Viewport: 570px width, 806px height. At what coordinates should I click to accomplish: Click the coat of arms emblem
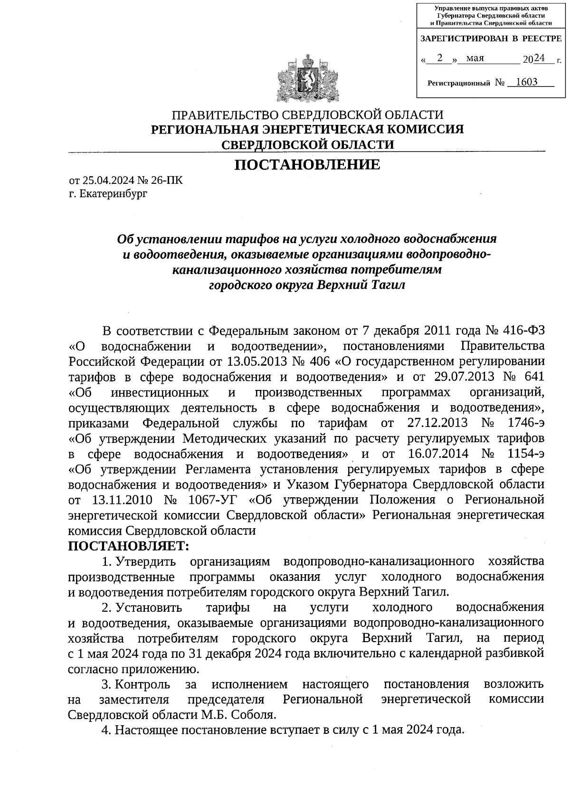308,79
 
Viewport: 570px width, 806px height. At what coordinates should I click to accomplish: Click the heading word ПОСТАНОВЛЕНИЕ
308,165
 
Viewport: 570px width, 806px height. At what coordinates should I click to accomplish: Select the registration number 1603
526,82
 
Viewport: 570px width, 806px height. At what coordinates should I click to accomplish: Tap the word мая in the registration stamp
475,58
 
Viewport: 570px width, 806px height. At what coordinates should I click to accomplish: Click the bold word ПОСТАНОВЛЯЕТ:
129,546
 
